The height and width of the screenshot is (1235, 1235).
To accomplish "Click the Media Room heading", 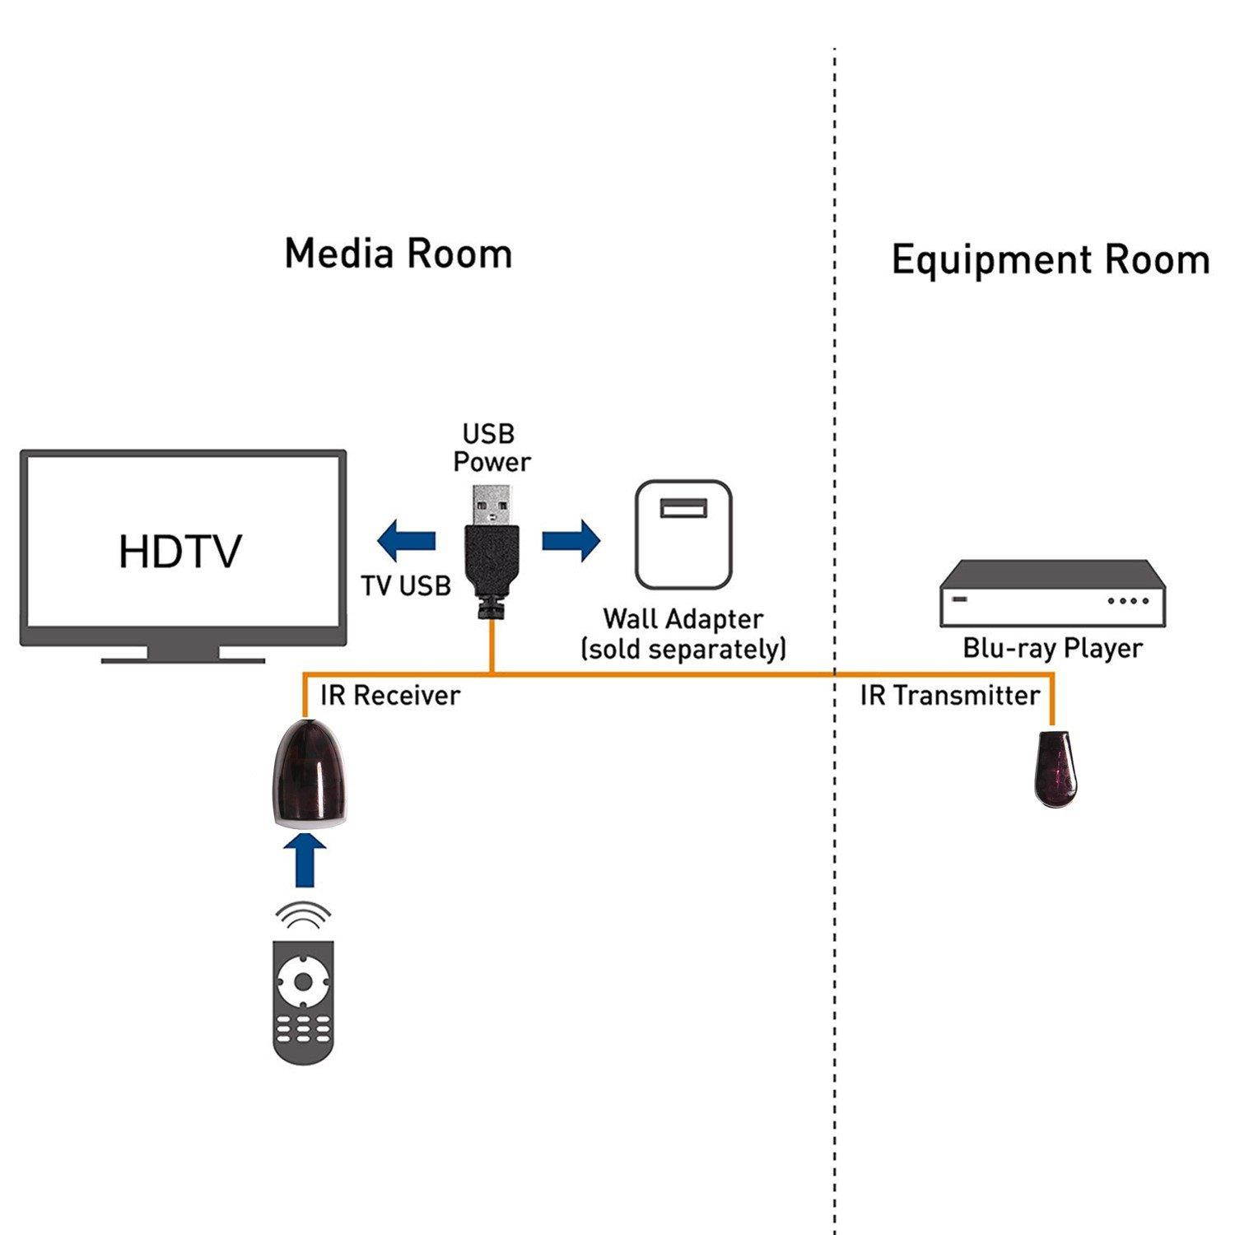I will (398, 254).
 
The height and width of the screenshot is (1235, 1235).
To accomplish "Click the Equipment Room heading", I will (1050, 260).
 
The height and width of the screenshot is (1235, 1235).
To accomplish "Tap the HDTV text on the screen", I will (180, 552).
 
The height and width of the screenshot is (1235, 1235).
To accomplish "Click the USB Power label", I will (491, 448).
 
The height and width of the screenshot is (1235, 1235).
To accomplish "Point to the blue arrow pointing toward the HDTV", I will (406, 541).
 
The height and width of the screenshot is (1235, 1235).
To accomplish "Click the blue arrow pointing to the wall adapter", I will (571, 541).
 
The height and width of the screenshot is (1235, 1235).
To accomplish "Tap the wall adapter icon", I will (683, 535).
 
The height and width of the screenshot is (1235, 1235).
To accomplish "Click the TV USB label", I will (406, 585).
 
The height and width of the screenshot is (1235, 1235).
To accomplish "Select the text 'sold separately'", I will (683, 650).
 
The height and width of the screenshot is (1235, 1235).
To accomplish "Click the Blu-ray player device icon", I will (1053, 593).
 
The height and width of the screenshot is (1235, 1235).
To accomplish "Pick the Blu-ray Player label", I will (1052, 649).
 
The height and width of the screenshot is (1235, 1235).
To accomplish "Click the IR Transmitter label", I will (950, 696).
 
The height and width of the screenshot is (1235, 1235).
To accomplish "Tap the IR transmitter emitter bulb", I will (1056, 767).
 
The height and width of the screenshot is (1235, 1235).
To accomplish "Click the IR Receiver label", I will (389, 696).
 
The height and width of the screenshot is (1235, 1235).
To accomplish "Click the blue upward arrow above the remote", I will (305, 860).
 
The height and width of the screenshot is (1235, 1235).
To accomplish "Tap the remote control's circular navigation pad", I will (304, 981).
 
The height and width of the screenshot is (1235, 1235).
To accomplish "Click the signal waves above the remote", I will (304, 915).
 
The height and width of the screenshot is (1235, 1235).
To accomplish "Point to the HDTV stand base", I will (183, 656).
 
